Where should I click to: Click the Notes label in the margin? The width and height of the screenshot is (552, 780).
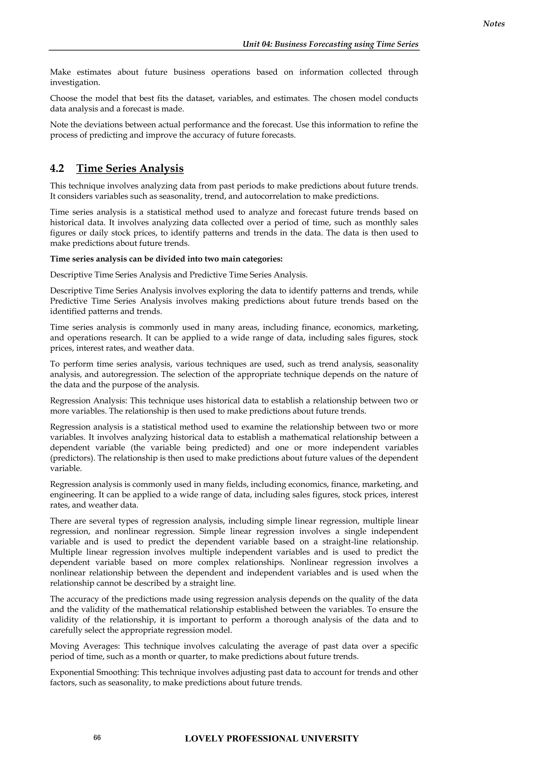(494, 24)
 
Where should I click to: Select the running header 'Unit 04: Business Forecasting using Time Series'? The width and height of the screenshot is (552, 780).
(330, 44)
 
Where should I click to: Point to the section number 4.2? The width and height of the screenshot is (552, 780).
(57, 169)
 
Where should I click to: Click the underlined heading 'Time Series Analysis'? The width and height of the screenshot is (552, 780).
(130, 169)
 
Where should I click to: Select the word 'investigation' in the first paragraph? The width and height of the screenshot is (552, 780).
(74, 83)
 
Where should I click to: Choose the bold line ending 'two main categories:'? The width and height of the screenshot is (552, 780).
(166, 259)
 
